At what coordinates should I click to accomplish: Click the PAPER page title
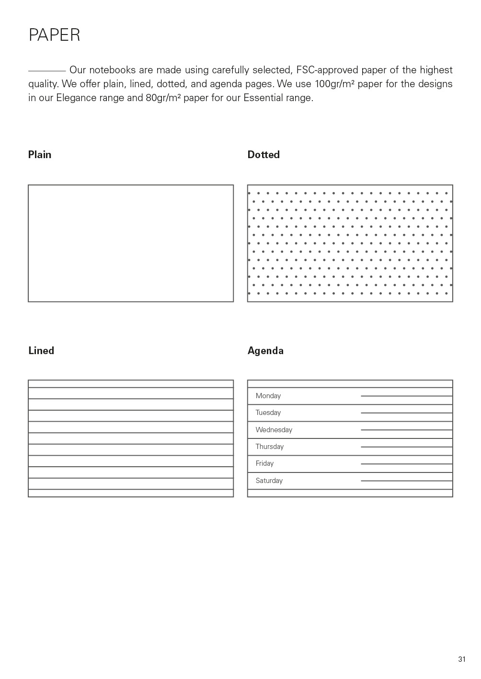click(54, 35)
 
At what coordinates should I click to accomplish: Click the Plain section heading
click(40, 154)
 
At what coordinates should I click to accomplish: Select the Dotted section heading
click(263, 154)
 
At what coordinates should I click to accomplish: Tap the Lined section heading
click(41, 350)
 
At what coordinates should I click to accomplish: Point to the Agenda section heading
click(265, 350)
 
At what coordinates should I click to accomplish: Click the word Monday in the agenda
click(268, 396)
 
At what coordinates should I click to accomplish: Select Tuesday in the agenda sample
click(268, 413)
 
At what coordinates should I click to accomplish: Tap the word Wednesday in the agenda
click(274, 430)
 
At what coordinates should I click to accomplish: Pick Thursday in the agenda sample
click(270, 447)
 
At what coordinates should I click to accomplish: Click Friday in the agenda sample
click(264, 463)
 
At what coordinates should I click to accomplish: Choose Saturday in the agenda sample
click(269, 481)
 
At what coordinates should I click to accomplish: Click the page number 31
click(462, 659)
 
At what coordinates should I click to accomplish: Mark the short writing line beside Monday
click(406, 396)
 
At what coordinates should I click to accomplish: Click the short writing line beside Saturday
click(406, 481)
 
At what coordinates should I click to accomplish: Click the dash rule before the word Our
click(46, 70)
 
